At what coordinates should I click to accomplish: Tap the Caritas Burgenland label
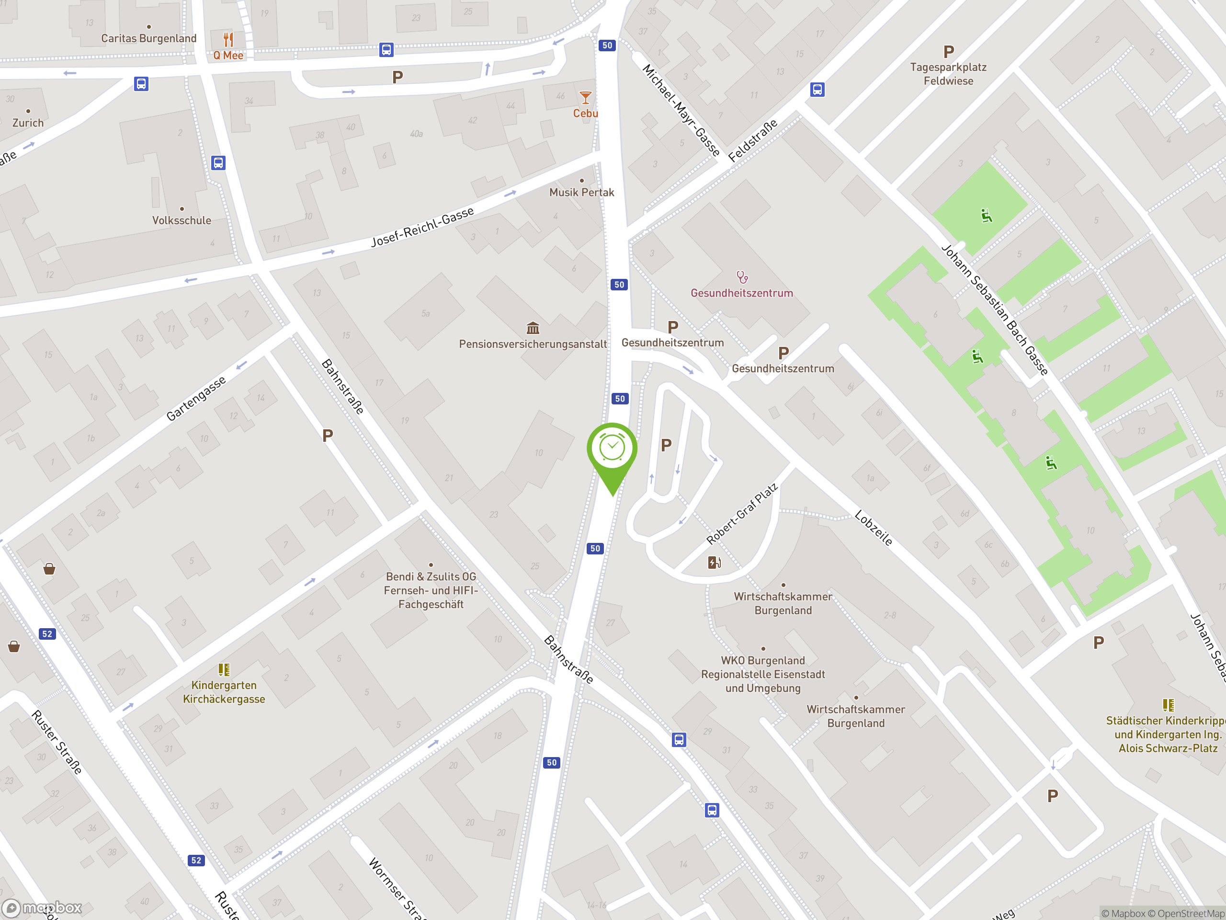click(x=148, y=38)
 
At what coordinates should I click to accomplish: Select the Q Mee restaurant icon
click(x=228, y=39)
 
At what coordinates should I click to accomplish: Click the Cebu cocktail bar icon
click(x=585, y=98)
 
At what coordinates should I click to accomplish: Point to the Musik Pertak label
click(x=581, y=193)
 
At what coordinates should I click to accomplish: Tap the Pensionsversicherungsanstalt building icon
click(x=533, y=328)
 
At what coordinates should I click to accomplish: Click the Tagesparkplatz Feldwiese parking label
click(x=948, y=74)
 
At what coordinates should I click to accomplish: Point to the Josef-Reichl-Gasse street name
click(x=422, y=227)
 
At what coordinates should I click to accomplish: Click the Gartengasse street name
click(x=196, y=398)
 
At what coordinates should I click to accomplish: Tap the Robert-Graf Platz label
click(x=741, y=514)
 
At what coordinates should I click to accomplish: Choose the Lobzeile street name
click(x=874, y=528)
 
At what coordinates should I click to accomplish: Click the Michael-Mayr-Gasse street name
click(x=681, y=110)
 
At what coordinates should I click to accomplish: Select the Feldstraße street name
click(x=753, y=141)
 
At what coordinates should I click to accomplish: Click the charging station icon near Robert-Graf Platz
click(x=715, y=563)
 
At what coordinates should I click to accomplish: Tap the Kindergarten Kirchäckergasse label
click(x=224, y=692)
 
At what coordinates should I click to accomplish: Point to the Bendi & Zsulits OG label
click(x=431, y=577)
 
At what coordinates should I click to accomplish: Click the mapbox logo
click(x=42, y=908)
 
